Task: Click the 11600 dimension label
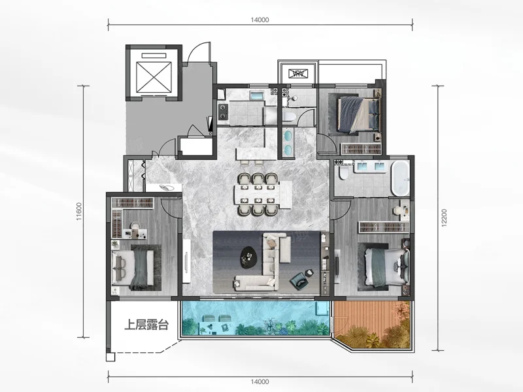coord(78,211)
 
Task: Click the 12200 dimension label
coord(444,218)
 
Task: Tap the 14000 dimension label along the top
coord(260,20)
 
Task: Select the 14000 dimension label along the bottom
coord(260,382)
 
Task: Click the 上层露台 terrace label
coord(146,324)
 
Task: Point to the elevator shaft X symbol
coord(154,77)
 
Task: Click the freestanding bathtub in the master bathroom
coord(400,178)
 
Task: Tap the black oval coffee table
coord(249,257)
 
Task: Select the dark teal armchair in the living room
coord(301,280)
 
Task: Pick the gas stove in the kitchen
coord(223,112)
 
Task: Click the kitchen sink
coord(257,96)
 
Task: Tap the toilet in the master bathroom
coord(343,173)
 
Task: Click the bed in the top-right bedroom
coord(359,114)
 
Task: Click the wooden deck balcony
coord(372,324)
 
